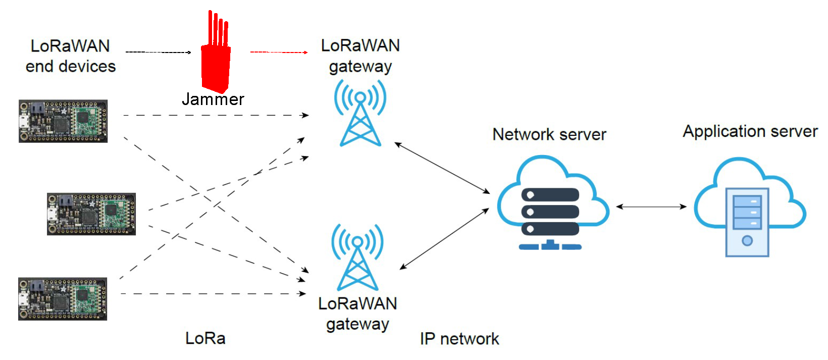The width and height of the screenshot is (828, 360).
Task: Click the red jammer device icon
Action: pos(216,63)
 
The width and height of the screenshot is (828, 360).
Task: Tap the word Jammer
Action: pos(213,99)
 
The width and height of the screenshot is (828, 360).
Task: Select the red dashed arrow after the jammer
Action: pos(279,52)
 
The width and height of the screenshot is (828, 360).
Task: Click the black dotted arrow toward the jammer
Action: pos(158,52)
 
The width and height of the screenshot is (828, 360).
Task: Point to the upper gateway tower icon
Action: pos(360,114)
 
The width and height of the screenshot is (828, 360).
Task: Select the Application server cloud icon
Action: pos(748,207)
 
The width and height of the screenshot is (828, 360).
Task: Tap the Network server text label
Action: pos(549,134)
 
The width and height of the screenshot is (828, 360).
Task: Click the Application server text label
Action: pos(750,131)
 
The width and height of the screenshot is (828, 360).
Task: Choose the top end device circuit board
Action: pos(63,121)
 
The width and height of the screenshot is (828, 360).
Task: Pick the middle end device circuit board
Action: pos(91,214)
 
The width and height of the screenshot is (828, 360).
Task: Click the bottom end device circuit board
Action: pos(63,299)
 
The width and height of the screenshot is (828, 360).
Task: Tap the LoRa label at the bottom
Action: pos(205,338)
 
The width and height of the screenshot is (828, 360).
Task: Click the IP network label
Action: pos(459,339)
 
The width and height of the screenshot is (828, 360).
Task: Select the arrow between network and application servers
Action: pos(651,207)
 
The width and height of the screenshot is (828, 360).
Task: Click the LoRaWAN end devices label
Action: pos(70,56)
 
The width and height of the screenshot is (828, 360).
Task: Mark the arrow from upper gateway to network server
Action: pos(442,168)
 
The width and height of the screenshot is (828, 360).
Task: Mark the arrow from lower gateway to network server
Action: pos(444,238)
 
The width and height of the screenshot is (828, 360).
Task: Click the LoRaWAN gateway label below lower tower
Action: pos(357,314)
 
